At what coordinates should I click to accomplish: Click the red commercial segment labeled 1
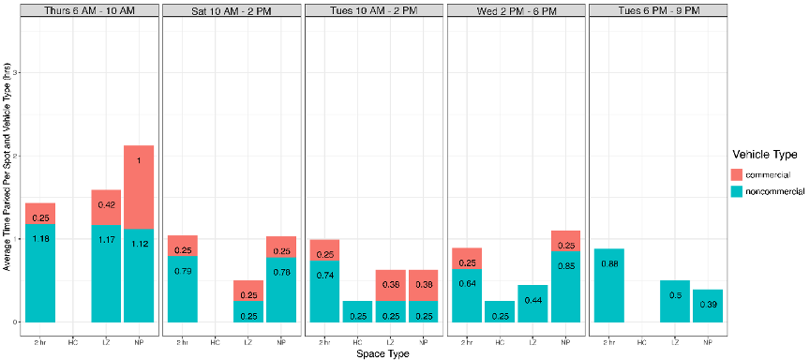tap(139, 187)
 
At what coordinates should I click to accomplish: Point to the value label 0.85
tap(565, 265)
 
